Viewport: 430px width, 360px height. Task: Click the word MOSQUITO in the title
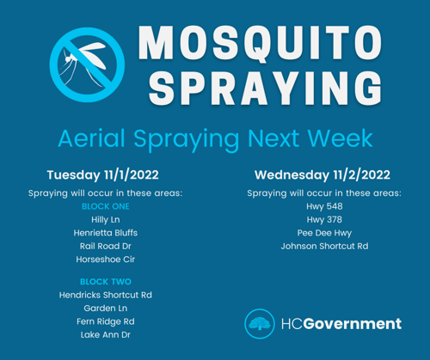pos(260,42)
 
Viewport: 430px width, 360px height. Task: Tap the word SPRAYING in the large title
pos(265,88)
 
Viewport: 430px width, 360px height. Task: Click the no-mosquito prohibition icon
pos(87,65)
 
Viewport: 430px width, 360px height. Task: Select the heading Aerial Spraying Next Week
pos(215,139)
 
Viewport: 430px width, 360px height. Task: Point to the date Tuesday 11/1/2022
pos(103,174)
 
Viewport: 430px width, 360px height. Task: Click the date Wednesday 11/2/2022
pos(322,174)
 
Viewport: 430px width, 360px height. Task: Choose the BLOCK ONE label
pos(106,206)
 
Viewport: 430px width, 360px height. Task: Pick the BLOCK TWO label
pos(106,282)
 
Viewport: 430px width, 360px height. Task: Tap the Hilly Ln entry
pos(106,220)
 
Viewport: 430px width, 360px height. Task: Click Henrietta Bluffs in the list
pos(106,233)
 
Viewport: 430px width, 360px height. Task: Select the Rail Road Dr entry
pos(106,246)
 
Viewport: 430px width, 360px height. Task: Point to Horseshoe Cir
pos(106,259)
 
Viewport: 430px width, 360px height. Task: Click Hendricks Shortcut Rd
pos(106,295)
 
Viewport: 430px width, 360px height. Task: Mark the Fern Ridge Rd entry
pos(106,321)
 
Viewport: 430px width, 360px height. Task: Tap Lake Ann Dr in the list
pos(106,335)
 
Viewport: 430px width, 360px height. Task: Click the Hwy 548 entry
pos(324,206)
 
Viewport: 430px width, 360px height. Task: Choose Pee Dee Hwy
pos(324,233)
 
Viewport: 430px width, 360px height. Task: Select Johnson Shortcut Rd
pos(324,246)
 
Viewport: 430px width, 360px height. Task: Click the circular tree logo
pos(260,324)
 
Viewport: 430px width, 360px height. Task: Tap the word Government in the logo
pos(353,324)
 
